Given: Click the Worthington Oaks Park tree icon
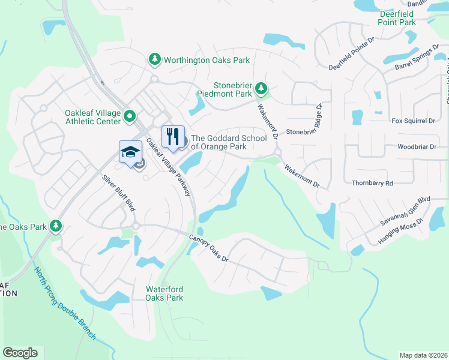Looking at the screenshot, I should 155,59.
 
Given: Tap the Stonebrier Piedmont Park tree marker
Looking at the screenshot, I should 261,89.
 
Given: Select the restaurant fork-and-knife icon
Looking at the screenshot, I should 173,136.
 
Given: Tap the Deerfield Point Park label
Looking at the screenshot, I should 397,18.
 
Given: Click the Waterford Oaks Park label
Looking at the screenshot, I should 165,293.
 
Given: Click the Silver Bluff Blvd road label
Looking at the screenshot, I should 118,192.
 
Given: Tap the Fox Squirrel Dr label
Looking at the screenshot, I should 412,121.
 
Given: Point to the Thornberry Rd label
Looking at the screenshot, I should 372,182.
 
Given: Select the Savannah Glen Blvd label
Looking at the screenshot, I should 406,211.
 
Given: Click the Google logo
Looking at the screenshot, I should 20,353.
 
